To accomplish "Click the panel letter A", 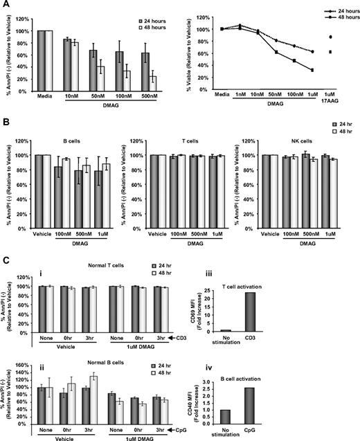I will tap(6, 5).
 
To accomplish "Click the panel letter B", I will tap(6, 121).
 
